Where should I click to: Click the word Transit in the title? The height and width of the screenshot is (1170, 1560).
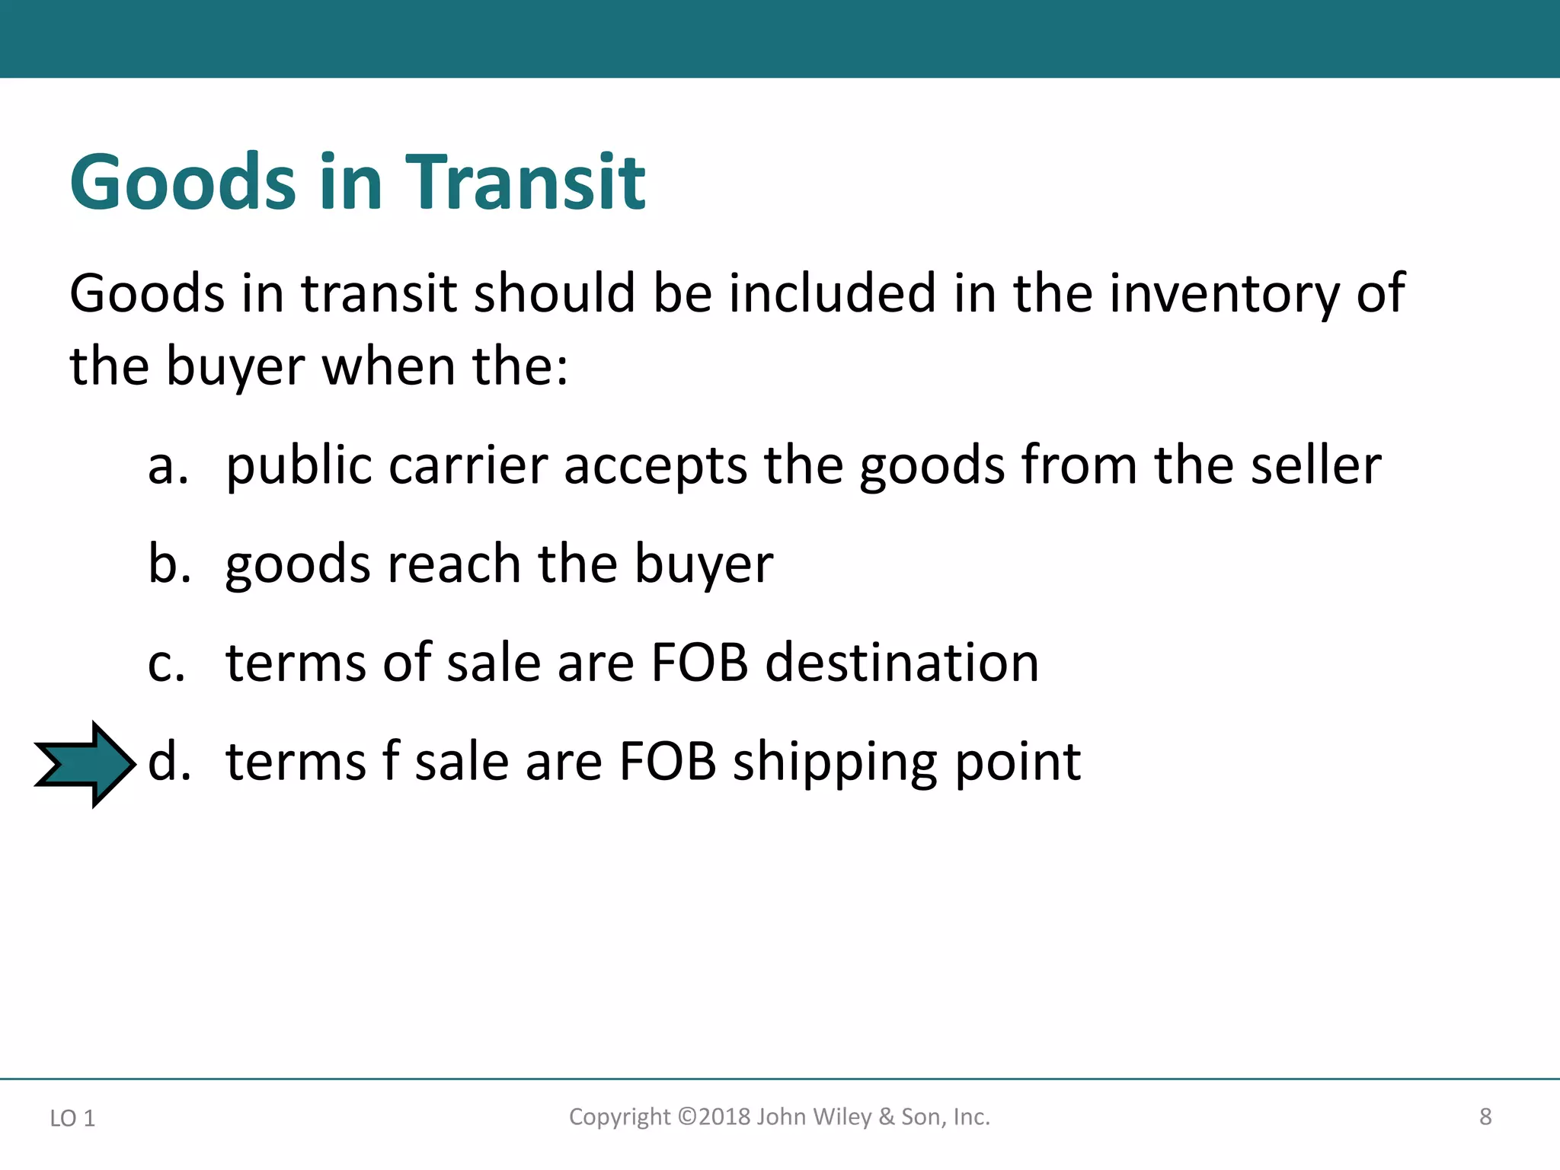[x=525, y=183]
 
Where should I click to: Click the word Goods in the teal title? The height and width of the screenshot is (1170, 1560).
[x=183, y=183]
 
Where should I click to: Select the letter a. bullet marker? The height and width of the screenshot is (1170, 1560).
[x=168, y=465]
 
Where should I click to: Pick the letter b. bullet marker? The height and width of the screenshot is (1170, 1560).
[x=169, y=564]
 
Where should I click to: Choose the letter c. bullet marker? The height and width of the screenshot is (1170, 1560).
[x=167, y=663]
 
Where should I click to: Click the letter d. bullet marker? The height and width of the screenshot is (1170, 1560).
[x=169, y=761]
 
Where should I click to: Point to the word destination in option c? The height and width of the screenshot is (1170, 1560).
[x=902, y=663]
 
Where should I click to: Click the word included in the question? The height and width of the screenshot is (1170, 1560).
[x=832, y=293]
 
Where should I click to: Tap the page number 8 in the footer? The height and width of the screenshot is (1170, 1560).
[x=1485, y=1117]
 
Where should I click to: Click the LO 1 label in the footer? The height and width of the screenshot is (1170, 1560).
[x=72, y=1118]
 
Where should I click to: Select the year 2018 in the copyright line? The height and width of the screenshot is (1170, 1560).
[x=724, y=1117]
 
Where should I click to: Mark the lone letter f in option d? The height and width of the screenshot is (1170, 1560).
[x=390, y=761]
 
